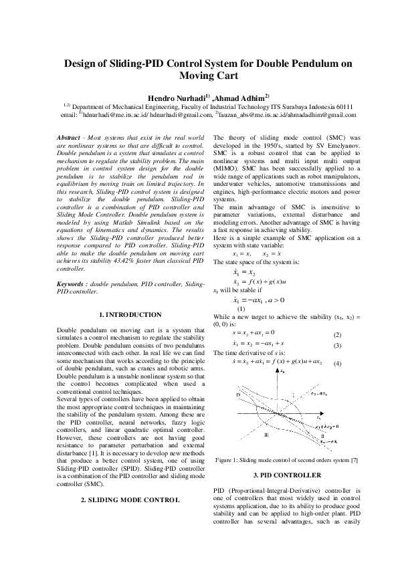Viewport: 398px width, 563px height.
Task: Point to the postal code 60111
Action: point(340,106)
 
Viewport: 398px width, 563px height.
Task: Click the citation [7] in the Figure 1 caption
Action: point(354,460)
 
